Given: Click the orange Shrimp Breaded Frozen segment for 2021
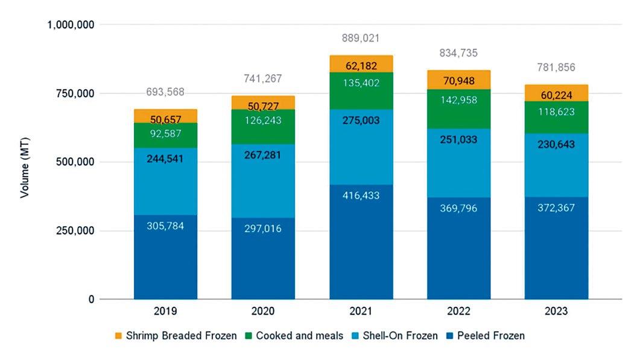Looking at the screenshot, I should (x=361, y=63).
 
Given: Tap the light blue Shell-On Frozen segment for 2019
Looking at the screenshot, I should (x=165, y=181).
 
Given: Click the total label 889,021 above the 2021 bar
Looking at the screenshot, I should (x=361, y=38).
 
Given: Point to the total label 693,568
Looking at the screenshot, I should (x=165, y=92).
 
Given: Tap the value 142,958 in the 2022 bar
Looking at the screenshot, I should (x=458, y=100).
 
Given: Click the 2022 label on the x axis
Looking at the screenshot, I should (x=458, y=312).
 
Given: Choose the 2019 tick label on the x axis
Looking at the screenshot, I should (x=165, y=312).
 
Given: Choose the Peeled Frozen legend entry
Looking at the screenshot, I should (x=486, y=336).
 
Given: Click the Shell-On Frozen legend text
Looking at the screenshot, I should (x=401, y=336).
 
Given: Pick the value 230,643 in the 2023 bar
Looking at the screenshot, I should (x=556, y=145).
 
